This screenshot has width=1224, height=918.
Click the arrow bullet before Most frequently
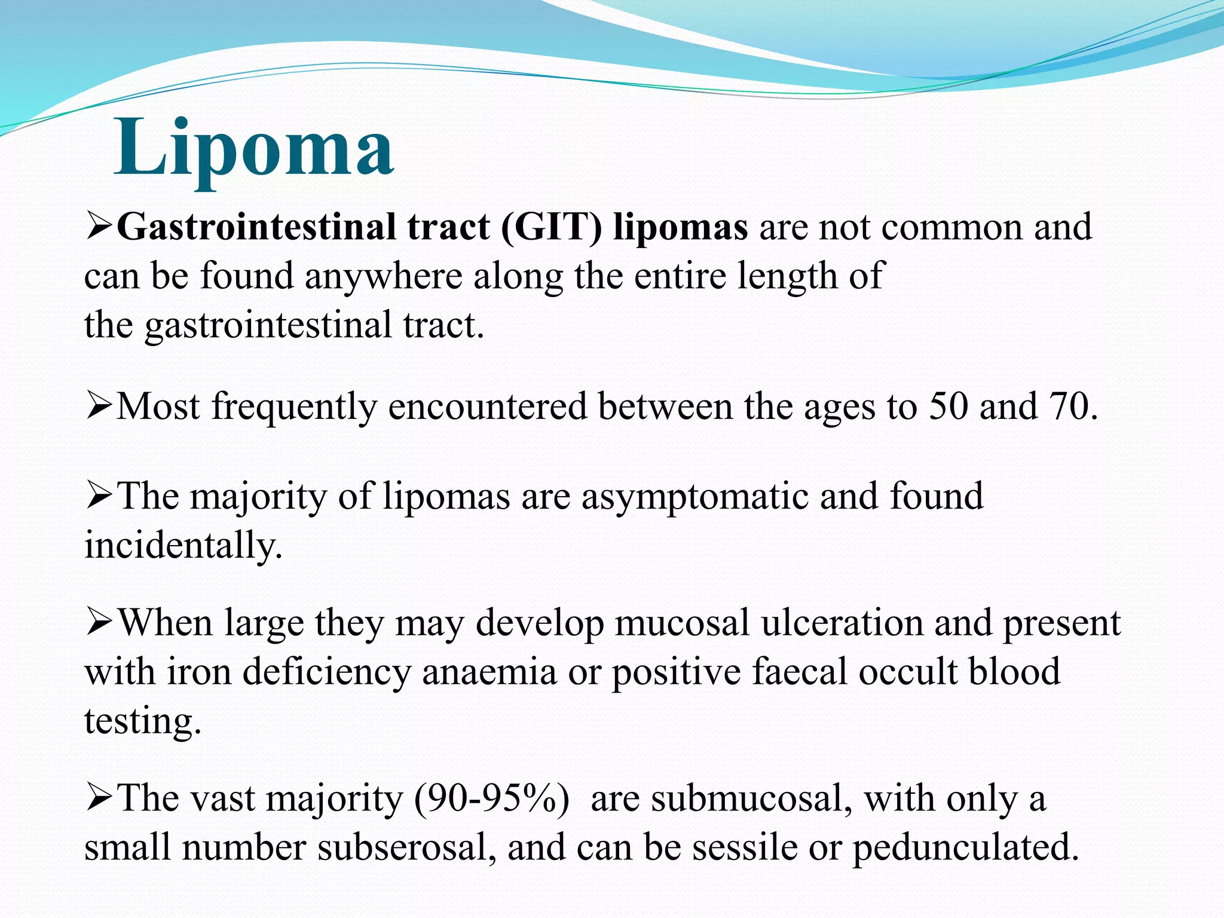coord(99,407)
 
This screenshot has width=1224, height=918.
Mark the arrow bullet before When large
coord(99,623)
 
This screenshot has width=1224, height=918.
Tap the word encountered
coord(488,406)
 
